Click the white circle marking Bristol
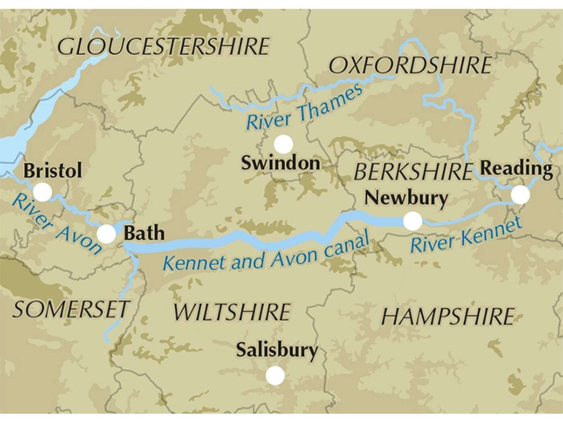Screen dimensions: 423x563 pos(42,192)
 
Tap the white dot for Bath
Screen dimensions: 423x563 pos(107,233)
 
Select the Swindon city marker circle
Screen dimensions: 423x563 pos(284,144)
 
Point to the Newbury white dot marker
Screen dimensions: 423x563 pos(413,221)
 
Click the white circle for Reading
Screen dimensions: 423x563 pos(520,195)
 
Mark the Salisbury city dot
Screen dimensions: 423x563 pos(275,375)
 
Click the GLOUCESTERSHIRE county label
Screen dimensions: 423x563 pos(163,47)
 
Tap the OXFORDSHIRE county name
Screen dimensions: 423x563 pos(410,66)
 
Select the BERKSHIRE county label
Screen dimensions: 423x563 pos(412,172)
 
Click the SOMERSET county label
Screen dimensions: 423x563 pos(70,309)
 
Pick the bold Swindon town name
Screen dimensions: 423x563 pos(280,163)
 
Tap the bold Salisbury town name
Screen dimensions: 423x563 pos(277,350)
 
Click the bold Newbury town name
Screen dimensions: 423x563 pos(405,197)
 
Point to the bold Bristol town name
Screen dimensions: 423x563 pos(52,170)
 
